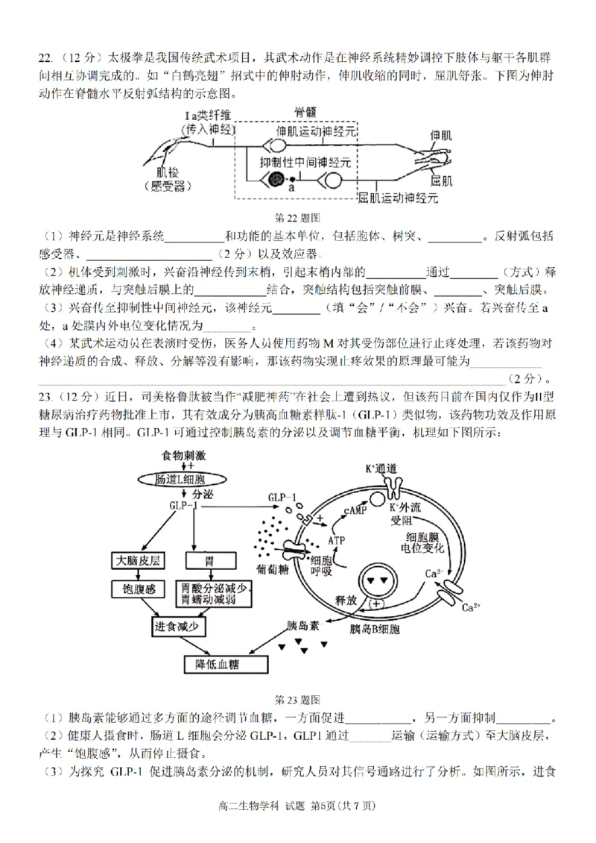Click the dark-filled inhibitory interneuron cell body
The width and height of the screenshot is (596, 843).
(x=276, y=179)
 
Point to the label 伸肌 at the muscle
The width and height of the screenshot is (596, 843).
(x=441, y=135)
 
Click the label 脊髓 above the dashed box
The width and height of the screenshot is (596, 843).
(x=305, y=112)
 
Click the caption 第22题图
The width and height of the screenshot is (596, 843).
(x=297, y=218)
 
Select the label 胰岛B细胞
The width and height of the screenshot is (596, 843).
(x=375, y=629)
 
